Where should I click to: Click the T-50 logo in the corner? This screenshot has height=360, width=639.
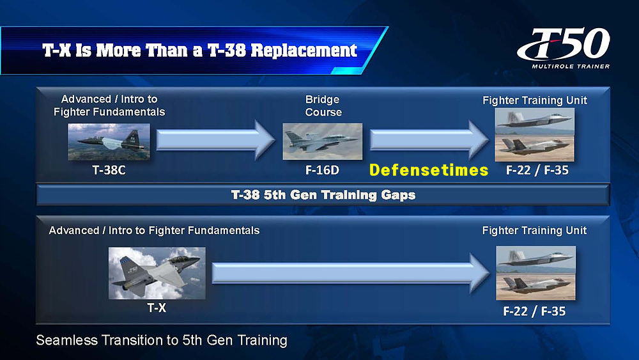pos(564,48)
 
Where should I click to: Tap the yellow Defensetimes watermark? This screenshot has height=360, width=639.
pos(429,170)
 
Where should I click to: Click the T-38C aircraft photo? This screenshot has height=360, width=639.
pos(109,142)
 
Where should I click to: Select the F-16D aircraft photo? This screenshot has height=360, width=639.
pos(322,141)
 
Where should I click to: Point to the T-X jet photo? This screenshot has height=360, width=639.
pos(157,273)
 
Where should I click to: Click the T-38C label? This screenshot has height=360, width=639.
pos(109,170)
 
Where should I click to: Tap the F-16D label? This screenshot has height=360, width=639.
pos(322,170)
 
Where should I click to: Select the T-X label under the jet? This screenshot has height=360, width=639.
pos(157,308)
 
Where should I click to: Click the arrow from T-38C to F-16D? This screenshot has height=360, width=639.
pos(216,140)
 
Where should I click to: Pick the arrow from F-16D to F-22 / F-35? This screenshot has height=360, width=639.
pos(429,140)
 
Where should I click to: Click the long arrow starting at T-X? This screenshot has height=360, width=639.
pos(351,273)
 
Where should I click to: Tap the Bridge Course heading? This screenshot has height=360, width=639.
pos(323,106)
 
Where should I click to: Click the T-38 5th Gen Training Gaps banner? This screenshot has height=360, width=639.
pos(323,195)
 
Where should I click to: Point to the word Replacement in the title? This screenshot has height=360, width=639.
pos(304,51)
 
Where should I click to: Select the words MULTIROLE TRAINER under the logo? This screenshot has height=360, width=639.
pos(571,66)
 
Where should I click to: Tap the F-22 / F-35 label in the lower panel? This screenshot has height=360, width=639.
pos(534,311)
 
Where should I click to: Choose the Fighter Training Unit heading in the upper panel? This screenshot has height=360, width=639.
pos(535,100)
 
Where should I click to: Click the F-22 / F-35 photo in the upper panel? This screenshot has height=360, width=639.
pos(535,134)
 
